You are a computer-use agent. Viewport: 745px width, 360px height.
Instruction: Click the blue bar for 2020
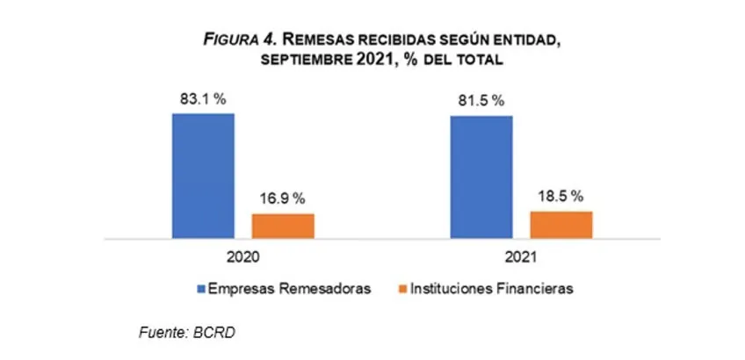(203, 176)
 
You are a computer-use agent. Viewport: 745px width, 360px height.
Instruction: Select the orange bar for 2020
(283, 226)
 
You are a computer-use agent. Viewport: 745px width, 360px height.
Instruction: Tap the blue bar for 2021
(481, 176)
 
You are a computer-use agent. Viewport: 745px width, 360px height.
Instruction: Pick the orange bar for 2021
(561, 224)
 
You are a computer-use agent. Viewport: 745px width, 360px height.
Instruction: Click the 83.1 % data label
(203, 99)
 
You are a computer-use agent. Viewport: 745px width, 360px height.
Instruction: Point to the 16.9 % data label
(283, 199)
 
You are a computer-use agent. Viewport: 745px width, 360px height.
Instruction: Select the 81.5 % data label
(481, 101)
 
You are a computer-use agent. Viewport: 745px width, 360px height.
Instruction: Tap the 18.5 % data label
(561, 197)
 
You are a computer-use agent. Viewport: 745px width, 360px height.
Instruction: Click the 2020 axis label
(242, 259)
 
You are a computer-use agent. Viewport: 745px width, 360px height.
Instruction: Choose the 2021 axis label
(520, 259)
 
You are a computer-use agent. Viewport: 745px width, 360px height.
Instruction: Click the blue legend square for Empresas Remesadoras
(201, 288)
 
